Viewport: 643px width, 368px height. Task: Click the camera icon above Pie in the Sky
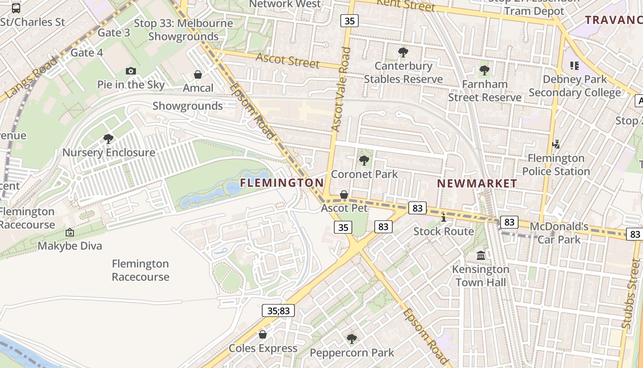point(131,71)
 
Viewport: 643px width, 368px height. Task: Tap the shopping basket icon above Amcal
point(198,74)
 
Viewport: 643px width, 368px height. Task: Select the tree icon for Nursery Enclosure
point(108,138)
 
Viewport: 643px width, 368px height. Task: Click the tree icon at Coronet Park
point(364,160)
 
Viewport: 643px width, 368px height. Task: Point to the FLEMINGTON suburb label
point(282,183)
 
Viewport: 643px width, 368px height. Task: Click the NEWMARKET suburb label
point(477,184)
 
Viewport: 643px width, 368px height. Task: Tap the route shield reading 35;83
point(279,310)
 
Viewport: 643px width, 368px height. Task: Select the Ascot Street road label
point(288,60)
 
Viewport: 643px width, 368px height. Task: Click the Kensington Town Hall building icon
point(481,255)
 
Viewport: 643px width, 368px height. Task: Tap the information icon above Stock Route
point(443,218)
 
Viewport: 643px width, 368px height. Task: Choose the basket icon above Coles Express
point(263,334)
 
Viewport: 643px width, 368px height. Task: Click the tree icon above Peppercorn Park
point(352,339)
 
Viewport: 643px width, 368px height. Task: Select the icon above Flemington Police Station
point(556,144)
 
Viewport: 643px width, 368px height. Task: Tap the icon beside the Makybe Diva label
point(70,232)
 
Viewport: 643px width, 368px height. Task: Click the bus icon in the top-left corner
point(16,8)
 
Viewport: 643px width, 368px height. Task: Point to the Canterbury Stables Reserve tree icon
point(403,52)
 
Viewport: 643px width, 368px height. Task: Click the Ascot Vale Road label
point(341,90)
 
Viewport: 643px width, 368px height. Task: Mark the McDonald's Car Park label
point(559,233)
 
